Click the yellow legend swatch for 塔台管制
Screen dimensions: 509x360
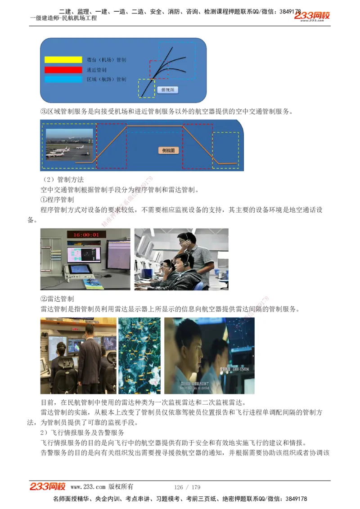click(x=63, y=60)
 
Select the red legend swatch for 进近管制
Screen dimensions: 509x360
click(x=63, y=70)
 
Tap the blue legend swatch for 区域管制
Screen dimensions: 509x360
click(x=63, y=79)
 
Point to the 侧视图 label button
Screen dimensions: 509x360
click(x=168, y=150)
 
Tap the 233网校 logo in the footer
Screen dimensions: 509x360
click(x=48, y=487)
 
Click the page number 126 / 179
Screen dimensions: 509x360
click(x=187, y=487)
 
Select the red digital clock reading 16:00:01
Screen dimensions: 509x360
click(x=86, y=235)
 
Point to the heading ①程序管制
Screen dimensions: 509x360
click(x=57, y=199)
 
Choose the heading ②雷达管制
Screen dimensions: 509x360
click(x=57, y=299)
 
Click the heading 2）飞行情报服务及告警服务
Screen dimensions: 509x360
click(x=82, y=433)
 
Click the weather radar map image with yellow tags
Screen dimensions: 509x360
click(x=139, y=355)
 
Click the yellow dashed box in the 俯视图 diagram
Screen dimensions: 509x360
click(x=146, y=88)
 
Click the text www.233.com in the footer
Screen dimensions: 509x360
click(x=88, y=487)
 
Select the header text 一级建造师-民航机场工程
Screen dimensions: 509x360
click(x=63, y=18)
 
